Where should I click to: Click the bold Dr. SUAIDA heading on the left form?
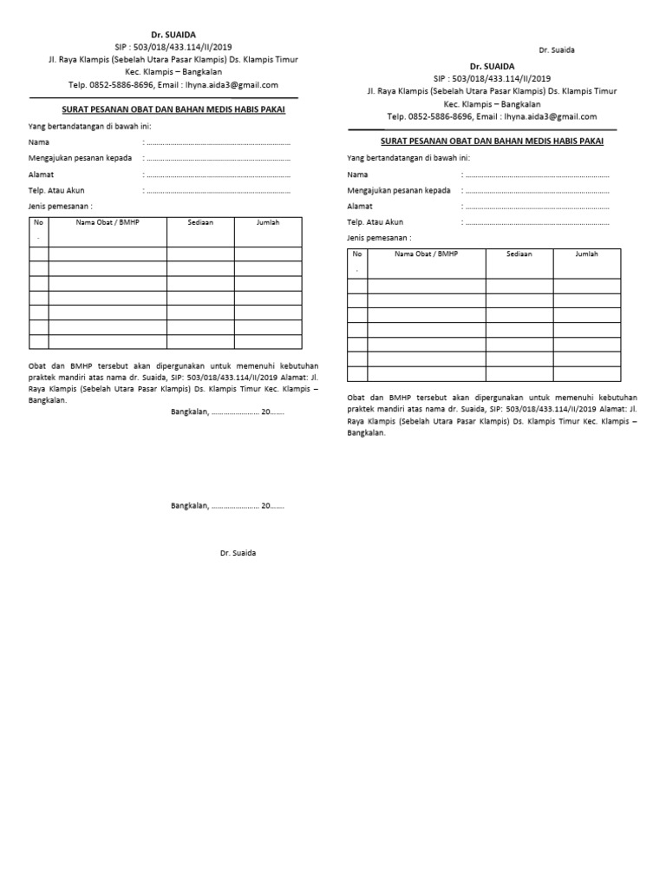[173, 35]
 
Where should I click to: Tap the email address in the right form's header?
[552, 116]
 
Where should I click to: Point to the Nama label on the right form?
[357, 175]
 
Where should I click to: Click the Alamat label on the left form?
[41, 174]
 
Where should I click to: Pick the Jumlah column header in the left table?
[268, 222]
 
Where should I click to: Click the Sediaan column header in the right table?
[519, 254]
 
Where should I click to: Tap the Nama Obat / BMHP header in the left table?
[108, 222]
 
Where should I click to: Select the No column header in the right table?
[356, 254]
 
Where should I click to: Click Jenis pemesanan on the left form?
[61, 206]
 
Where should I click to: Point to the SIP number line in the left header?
[173, 47]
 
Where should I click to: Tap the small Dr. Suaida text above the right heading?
[557, 50]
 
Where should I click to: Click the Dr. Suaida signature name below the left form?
[238, 553]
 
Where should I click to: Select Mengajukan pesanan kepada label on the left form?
[80, 158]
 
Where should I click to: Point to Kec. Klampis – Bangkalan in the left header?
[173, 72]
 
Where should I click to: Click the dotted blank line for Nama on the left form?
[217, 142]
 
